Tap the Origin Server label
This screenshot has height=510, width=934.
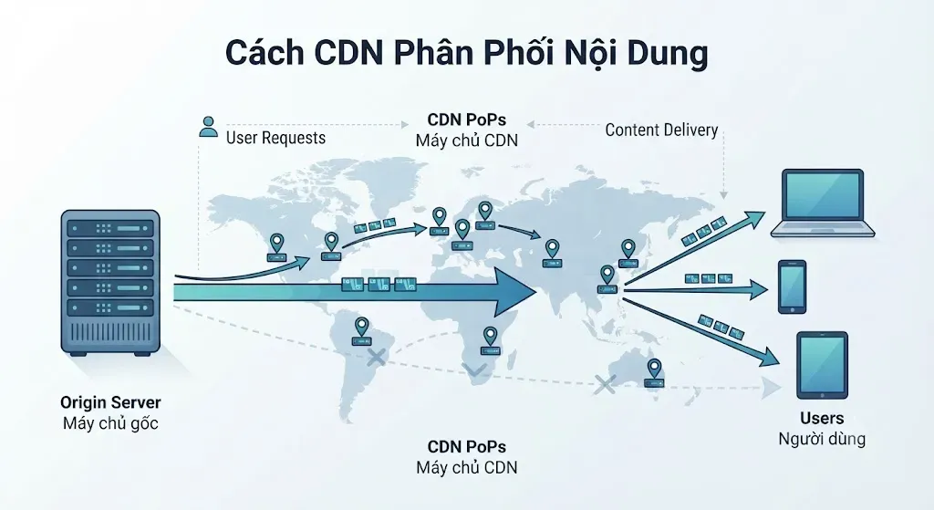click(x=110, y=402)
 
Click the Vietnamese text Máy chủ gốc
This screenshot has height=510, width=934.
click(x=110, y=423)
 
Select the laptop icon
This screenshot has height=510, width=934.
click(x=823, y=203)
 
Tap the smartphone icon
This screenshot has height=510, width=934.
click(x=793, y=286)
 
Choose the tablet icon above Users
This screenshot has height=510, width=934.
click(x=822, y=365)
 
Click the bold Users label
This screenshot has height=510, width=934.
click(x=822, y=418)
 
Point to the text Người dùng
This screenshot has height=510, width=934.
click(x=822, y=439)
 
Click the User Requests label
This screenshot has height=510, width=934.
click(x=275, y=138)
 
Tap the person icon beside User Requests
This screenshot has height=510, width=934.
click(x=208, y=127)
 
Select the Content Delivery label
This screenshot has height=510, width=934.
click(x=661, y=130)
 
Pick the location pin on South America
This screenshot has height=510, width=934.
click(x=361, y=331)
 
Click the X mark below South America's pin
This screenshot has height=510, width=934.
click(x=376, y=358)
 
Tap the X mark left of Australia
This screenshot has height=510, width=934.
click(x=606, y=384)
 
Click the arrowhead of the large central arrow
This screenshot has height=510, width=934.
click(x=516, y=292)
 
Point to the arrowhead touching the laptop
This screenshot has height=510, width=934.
click(x=754, y=219)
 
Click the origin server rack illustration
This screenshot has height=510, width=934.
click(x=110, y=283)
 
